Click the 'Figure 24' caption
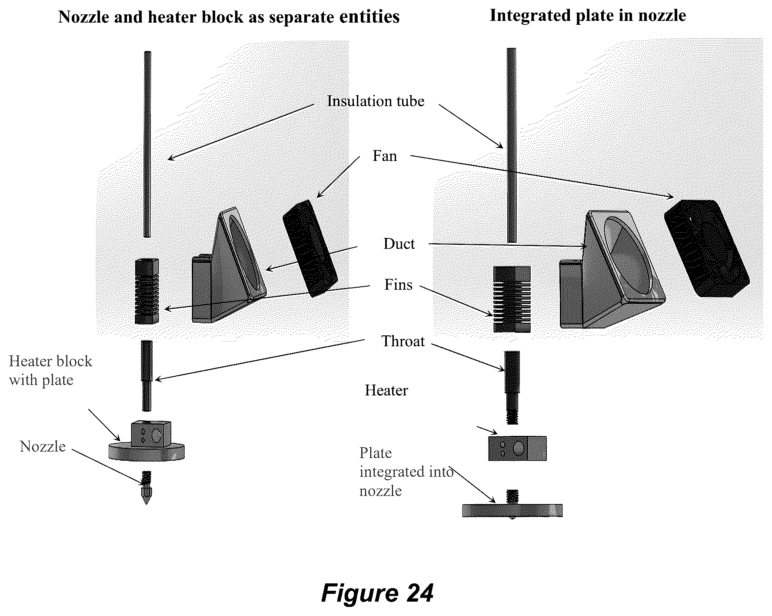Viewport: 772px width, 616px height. (x=377, y=593)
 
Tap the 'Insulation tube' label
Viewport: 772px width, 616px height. (x=376, y=101)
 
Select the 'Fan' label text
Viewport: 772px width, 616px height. (x=385, y=156)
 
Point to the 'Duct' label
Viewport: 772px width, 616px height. (x=399, y=244)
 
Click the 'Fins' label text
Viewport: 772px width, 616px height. (x=398, y=285)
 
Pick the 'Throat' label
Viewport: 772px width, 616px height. (x=403, y=341)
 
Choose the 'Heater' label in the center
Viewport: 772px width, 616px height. (x=386, y=390)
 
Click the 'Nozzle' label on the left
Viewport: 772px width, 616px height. (x=43, y=446)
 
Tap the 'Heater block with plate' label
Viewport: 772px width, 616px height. (x=50, y=371)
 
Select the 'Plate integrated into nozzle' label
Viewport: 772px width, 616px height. (x=406, y=472)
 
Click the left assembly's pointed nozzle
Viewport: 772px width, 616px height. (x=146, y=488)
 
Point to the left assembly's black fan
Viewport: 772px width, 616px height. (x=310, y=248)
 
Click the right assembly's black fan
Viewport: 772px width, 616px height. (x=706, y=248)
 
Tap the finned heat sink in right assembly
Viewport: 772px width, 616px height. (x=512, y=299)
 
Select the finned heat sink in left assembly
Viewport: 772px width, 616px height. (x=147, y=291)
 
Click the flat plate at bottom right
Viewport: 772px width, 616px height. (x=512, y=510)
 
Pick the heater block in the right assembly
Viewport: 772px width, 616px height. (x=517, y=448)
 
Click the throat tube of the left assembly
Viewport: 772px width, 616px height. (x=147, y=376)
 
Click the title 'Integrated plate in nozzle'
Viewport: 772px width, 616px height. (x=588, y=16)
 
